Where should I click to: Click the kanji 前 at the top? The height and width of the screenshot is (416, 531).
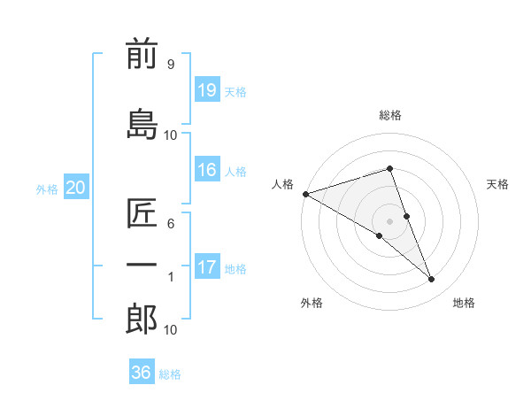pyautogui.click(x=142, y=55)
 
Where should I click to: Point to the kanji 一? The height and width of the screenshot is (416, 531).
pyautogui.click(x=142, y=266)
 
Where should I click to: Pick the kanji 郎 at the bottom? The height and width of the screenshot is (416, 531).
pyautogui.click(x=142, y=320)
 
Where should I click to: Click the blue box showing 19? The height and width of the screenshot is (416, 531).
pyautogui.click(x=207, y=90)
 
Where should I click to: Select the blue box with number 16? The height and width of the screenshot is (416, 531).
pyautogui.click(x=207, y=170)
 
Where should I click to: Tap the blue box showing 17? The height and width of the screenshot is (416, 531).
pyautogui.click(x=207, y=267)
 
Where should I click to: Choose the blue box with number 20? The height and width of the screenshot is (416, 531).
pyautogui.click(x=76, y=188)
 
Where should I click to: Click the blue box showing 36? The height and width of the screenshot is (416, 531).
pyautogui.click(x=142, y=373)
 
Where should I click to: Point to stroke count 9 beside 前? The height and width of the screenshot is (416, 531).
pyautogui.click(x=170, y=65)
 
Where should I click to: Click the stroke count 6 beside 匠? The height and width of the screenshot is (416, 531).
pyautogui.click(x=170, y=225)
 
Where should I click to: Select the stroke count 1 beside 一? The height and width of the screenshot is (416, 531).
pyautogui.click(x=170, y=277)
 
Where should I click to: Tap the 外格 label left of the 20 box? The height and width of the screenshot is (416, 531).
pyautogui.click(x=47, y=189)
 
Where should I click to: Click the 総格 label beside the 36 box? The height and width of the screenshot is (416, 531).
pyautogui.click(x=170, y=374)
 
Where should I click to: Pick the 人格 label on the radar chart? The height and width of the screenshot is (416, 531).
pyautogui.click(x=283, y=184)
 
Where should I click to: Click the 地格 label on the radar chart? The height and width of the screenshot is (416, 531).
pyautogui.click(x=464, y=303)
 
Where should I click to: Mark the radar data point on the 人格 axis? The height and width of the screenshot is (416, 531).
pyautogui.click(x=305, y=194)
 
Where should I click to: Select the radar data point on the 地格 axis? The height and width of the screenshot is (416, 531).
pyautogui.click(x=432, y=280)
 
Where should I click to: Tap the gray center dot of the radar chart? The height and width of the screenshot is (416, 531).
pyautogui.click(x=389, y=220)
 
